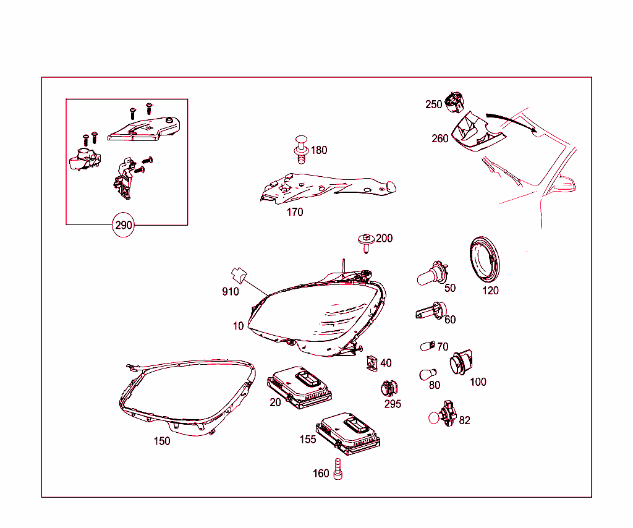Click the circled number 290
point(123,225)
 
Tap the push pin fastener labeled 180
point(301,150)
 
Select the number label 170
point(295,212)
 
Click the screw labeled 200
point(366,243)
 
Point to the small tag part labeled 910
point(239,275)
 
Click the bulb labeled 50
point(432,274)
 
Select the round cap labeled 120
point(485,260)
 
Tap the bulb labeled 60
point(431,312)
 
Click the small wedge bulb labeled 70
point(428,346)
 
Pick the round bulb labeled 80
point(428,374)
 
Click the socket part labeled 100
point(461,362)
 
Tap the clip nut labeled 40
point(372,364)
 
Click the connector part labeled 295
point(389,388)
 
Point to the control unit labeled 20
point(299,386)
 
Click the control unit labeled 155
point(347,433)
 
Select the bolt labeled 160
point(338,469)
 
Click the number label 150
point(162,441)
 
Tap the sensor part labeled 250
point(454,102)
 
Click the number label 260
point(440,138)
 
